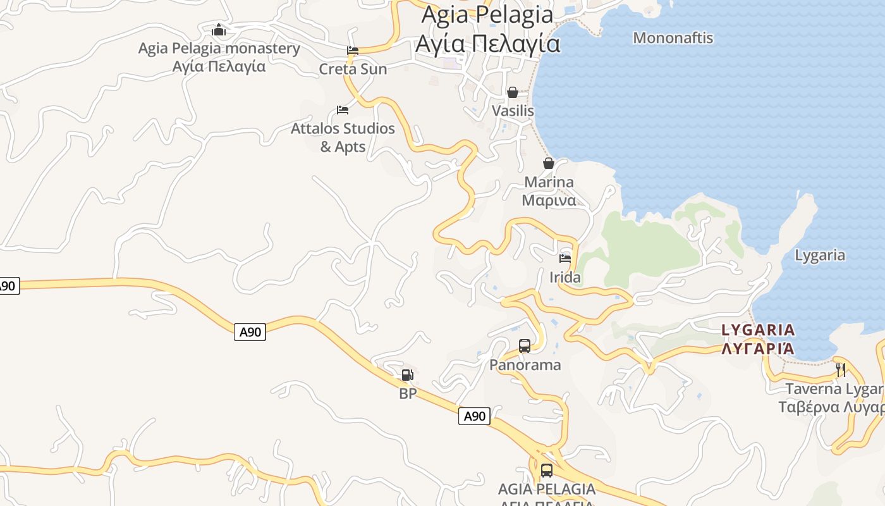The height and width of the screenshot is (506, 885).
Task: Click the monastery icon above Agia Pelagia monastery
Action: pyautogui.click(x=219, y=30)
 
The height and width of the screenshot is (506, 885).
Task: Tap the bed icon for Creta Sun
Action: pyautogui.click(x=353, y=51)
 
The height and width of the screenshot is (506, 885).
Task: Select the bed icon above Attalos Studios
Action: pyautogui.click(x=343, y=110)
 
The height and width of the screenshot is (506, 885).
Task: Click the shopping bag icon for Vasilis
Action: pyautogui.click(x=513, y=92)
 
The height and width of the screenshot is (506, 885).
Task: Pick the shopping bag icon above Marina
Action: pyautogui.click(x=549, y=163)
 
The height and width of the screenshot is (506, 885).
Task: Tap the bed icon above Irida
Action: pyautogui.click(x=565, y=258)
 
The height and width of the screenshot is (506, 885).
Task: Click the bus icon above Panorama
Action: pyautogui.click(x=525, y=345)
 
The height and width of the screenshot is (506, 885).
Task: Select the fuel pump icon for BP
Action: pyautogui.click(x=408, y=375)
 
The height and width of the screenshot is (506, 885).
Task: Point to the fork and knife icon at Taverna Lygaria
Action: pyautogui.click(x=841, y=369)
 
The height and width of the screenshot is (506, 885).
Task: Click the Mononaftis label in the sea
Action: pyautogui.click(x=673, y=38)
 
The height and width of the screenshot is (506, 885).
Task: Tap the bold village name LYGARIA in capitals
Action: pyautogui.click(x=758, y=330)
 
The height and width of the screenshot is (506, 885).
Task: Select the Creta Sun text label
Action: pyautogui.click(x=353, y=68)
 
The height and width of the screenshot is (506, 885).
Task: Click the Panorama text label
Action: pyautogui.click(x=525, y=365)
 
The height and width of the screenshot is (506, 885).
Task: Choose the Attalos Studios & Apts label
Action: pyautogui.click(x=343, y=137)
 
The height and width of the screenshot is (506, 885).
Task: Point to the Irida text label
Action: pyautogui.click(x=565, y=277)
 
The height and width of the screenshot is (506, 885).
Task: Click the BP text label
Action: pyautogui.click(x=408, y=393)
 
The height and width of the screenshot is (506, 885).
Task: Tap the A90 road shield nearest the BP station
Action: pyautogui.click(x=474, y=416)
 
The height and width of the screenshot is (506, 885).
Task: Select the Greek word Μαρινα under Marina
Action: pyautogui.click(x=549, y=201)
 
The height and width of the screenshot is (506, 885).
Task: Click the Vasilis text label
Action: pyautogui.click(x=513, y=111)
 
